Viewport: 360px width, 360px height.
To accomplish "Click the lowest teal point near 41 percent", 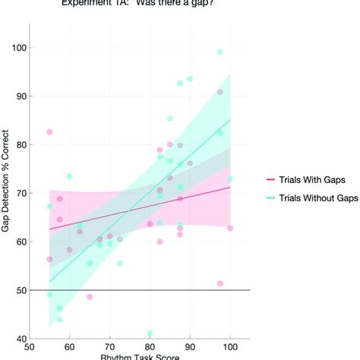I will click(150, 333).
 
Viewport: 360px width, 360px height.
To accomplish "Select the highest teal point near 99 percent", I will click(220, 52).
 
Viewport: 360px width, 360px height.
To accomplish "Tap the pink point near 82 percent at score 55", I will click(49, 132).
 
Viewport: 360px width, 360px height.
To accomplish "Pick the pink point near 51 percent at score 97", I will click(220, 283).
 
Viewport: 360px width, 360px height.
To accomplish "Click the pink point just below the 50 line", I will click(90, 297).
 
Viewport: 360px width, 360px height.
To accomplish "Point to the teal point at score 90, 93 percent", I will click(190, 79).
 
